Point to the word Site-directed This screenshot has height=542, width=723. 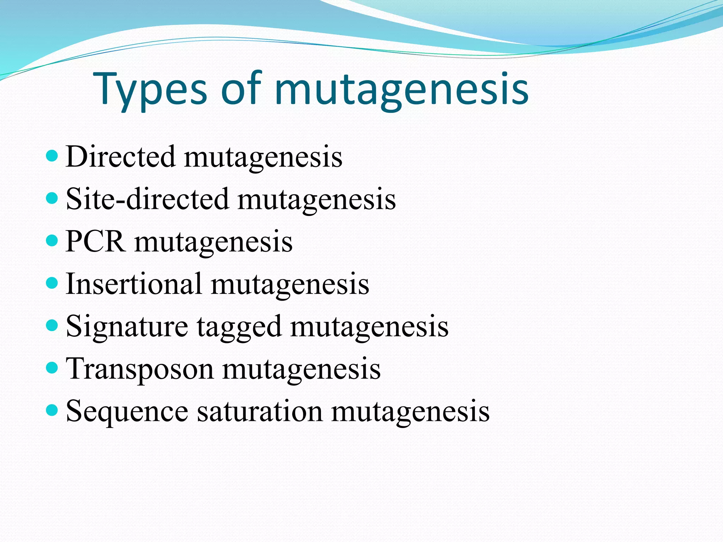(147, 199)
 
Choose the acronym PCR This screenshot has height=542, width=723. (95, 241)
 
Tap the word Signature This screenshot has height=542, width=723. (127, 326)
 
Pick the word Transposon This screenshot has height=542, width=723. (140, 369)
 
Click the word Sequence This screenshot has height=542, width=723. (127, 411)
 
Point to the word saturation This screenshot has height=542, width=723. (259, 411)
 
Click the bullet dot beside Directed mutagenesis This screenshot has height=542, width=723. (52, 156)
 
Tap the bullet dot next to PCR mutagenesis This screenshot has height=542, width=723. (52, 241)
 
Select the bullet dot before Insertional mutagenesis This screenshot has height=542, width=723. (52, 283)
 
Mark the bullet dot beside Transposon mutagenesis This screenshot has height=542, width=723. (52, 368)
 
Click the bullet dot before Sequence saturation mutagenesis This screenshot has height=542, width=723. (52, 410)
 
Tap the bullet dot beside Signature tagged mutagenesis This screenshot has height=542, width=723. (52, 325)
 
